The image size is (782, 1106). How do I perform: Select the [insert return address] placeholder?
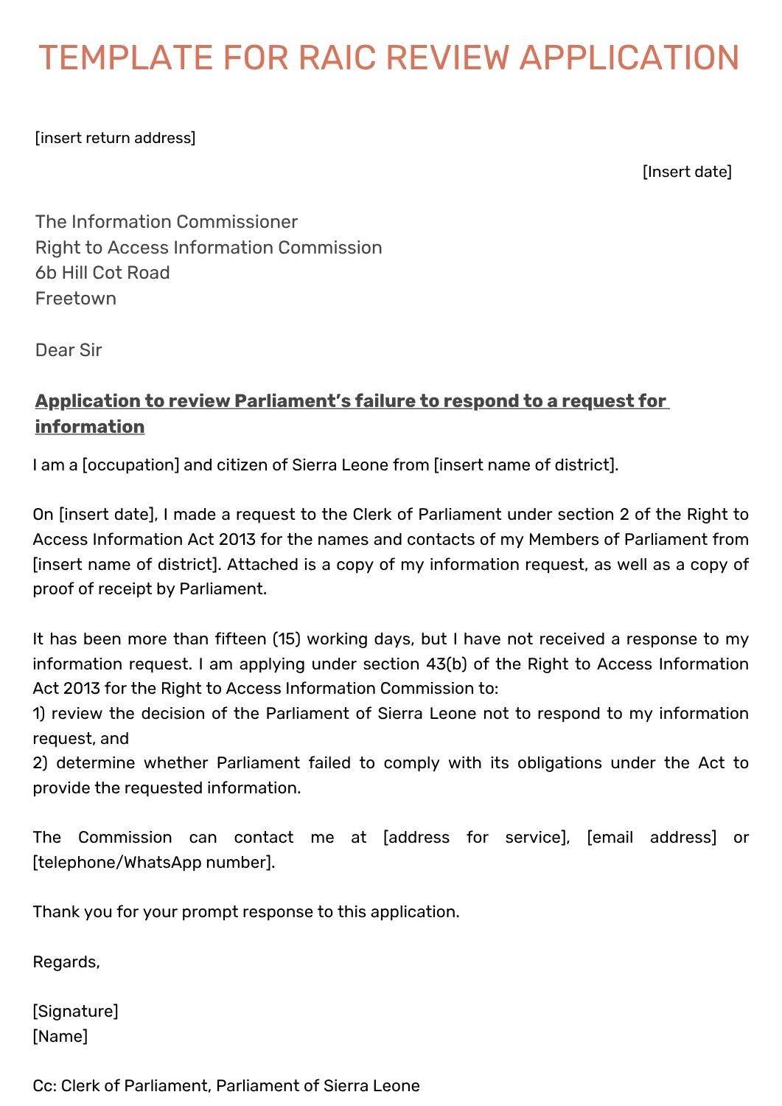pos(115,138)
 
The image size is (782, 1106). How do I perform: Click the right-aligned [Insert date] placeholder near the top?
pos(687,172)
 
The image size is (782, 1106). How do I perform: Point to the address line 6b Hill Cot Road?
pos(102,273)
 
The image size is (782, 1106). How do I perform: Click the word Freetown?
pos(76,299)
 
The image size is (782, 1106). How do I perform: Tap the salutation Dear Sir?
pos(69,350)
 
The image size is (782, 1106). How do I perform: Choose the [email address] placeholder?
pos(652,838)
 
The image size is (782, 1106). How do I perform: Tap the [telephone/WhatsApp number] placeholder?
pos(153,863)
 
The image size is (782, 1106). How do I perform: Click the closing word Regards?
pos(66,962)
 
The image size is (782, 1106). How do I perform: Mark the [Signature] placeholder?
pos(75,1012)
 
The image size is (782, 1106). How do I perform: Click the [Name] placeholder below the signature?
pos(60,1037)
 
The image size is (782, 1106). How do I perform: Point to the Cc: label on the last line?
pos(44,1086)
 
